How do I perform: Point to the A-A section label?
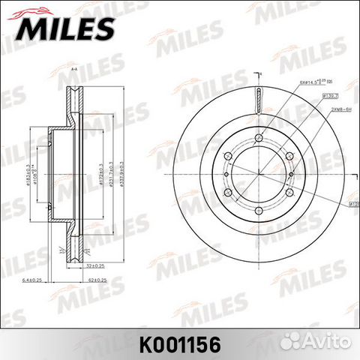pyautogui.click(x=74, y=69)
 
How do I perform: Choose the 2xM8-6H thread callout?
pyautogui.click(x=334, y=108)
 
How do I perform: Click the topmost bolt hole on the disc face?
pyautogui.click(x=257, y=138)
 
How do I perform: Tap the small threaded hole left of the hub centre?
pyautogui.click(x=227, y=173)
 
